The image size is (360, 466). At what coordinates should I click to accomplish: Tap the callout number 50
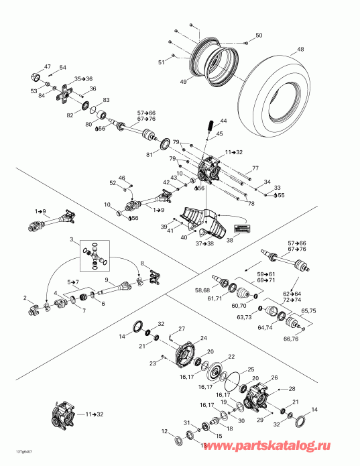[x=259, y=35]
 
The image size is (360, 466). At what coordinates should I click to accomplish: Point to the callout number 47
[x=48, y=66]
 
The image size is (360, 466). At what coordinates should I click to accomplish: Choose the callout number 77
[x=255, y=168]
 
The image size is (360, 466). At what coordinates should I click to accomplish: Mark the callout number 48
[x=300, y=49]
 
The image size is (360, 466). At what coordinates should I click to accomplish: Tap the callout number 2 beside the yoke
[x=25, y=298]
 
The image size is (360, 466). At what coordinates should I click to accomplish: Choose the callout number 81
[x=149, y=154]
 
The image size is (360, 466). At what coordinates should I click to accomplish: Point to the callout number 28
[x=291, y=389]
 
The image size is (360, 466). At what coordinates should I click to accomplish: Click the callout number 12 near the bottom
[x=165, y=430]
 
